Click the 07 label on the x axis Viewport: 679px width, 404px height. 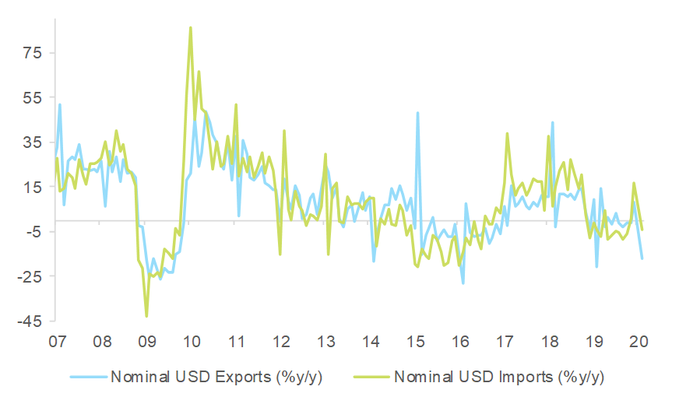56,341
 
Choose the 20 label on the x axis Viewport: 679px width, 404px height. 640,341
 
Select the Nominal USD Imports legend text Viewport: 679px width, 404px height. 499,378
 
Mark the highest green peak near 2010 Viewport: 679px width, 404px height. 191,28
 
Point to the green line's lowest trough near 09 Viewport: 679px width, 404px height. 146,316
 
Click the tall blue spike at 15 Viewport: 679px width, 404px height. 418,113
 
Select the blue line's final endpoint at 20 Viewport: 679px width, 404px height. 642,258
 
